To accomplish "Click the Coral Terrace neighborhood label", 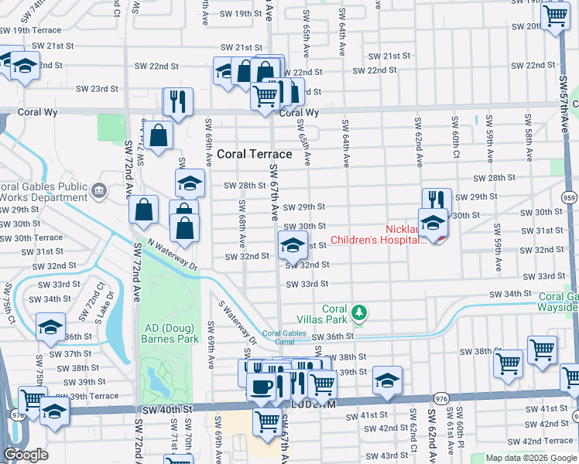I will point(254,154).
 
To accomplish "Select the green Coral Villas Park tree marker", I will point(358,312).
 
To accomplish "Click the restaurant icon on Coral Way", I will point(178,101).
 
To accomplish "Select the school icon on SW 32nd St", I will point(292,246).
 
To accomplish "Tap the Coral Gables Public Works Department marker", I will point(98,190).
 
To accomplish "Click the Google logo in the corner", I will point(26,455).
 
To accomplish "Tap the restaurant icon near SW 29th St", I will point(437,200).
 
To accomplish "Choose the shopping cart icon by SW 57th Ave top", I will point(556,15).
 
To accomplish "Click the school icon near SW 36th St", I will point(50,328).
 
